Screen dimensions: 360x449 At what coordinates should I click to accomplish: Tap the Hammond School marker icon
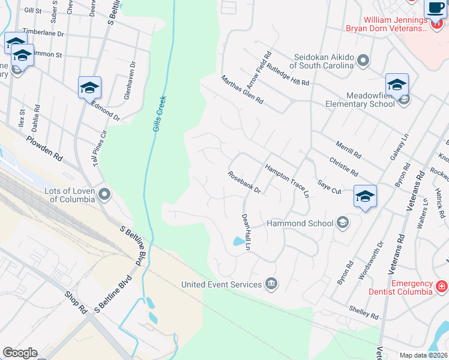tap(342, 223)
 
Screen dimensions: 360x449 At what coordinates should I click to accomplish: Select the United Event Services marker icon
tap(271, 284)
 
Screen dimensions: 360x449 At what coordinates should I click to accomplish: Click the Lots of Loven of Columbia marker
tap(106, 194)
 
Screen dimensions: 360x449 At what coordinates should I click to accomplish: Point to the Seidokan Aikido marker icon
tap(363, 60)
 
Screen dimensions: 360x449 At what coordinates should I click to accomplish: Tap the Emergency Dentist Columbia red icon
tap(441, 284)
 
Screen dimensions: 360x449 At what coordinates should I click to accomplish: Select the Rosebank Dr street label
tap(244, 182)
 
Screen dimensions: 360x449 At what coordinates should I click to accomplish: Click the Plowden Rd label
tap(44, 148)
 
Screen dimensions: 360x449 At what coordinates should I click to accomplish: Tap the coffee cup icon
tap(435, 8)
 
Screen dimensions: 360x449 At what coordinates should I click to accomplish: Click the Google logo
tap(19, 353)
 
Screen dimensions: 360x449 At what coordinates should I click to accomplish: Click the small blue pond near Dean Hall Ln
tap(239, 241)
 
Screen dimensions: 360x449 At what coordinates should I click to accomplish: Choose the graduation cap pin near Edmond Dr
tap(89, 88)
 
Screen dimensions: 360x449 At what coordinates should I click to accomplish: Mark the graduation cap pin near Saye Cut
tap(365, 196)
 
